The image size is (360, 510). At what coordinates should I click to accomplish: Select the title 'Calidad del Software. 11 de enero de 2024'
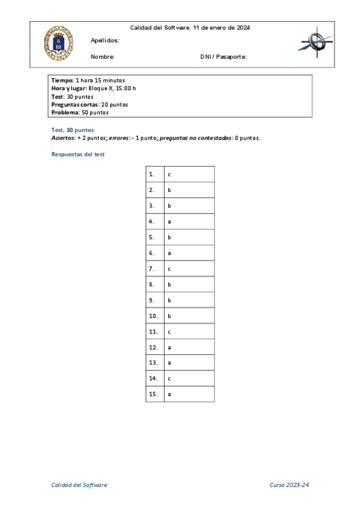190,28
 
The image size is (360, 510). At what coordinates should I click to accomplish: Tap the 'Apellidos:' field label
105,40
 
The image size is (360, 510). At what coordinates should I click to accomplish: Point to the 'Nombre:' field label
103,57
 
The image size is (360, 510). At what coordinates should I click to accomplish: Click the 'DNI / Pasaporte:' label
223,57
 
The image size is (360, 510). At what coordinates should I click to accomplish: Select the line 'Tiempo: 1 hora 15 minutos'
88,80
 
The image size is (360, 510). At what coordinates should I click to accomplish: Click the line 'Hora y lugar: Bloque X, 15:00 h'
94,88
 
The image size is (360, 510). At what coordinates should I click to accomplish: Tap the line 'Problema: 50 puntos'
80,112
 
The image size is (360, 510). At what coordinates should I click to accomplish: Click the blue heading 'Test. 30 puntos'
73,130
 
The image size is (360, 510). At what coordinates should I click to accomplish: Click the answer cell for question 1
189,174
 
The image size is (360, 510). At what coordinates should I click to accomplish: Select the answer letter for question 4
169,221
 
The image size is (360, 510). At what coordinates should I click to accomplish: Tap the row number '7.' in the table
151,268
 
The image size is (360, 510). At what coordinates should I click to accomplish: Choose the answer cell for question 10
189,315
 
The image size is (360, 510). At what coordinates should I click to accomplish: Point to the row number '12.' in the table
153,347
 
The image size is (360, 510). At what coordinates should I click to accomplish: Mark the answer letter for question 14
169,378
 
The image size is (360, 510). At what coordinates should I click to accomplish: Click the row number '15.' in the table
153,394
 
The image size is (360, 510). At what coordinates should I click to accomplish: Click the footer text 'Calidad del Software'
79,485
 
